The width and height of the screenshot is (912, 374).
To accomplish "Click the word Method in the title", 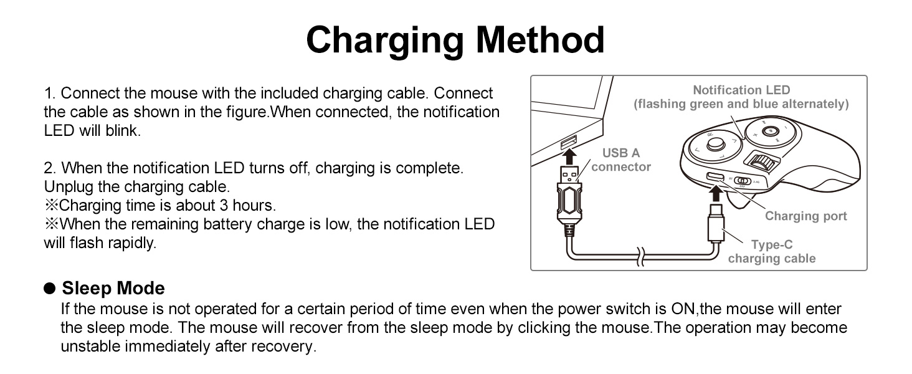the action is point(540,40).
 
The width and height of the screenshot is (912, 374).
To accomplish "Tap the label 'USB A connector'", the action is point(621,160).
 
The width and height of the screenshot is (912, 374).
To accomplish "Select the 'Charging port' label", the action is point(805,216).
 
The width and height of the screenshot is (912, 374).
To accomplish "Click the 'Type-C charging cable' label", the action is point(772,251).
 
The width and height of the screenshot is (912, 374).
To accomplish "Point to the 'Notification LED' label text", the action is point(741,90).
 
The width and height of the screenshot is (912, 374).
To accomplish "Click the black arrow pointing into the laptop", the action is point(569,157).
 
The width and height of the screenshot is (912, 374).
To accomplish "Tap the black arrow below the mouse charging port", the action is point(716,193).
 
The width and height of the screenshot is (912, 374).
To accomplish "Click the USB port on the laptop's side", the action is point(569,142).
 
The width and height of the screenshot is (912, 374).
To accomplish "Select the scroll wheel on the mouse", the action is point(762,161).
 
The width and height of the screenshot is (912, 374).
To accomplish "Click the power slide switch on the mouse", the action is point(742,181).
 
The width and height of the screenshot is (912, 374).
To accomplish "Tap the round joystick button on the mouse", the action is point(715,144).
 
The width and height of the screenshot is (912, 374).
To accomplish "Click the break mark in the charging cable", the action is point(640,257).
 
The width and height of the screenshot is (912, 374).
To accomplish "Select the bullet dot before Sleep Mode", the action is point(49,289).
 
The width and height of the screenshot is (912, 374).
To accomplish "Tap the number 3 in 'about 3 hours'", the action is point(224,205).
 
